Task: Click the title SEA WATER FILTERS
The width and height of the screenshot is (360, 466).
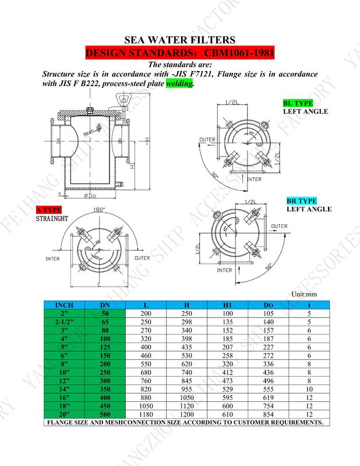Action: pyautogui.click(x=180, y=40)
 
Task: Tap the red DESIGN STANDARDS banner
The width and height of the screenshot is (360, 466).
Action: pyautogui.click(x=180, y=54)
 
